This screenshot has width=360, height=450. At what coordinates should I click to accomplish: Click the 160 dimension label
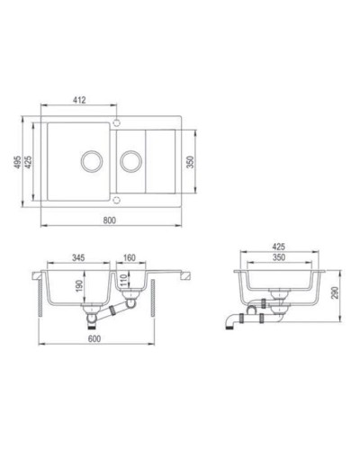[x=130, y=257]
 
